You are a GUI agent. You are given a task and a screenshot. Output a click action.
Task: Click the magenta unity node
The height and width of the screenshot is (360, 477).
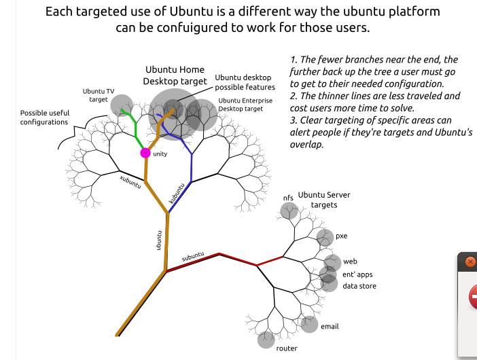pos(145,153)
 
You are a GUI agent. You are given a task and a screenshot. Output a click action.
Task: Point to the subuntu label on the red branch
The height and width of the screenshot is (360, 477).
pos(193,257)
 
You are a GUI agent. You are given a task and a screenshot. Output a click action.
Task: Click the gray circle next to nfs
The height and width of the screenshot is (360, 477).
pos(289,212)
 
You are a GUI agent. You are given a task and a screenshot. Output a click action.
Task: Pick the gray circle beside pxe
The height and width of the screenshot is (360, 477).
pos(325,237)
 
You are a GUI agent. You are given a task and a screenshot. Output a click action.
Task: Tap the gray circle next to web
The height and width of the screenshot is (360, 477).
pos(332,263)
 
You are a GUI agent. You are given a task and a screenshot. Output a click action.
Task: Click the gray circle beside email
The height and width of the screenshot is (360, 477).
pos(309,325)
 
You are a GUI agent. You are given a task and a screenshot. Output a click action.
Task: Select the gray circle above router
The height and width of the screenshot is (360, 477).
pos(266,338)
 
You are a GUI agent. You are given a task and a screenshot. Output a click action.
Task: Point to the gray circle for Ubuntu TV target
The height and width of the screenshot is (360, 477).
pos(122,105)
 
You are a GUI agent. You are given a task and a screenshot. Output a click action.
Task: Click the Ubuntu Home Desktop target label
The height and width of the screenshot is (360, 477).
pos(175,75)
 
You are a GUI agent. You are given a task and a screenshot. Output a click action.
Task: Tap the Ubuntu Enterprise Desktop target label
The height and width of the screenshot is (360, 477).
pos(245,105)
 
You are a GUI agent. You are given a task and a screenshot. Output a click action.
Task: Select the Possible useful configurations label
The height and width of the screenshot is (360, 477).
pos(44,118)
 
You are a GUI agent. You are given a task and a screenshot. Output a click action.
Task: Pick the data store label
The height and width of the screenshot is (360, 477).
pos(359,286)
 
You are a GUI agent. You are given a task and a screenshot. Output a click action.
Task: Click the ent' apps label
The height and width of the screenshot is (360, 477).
pos(357,274)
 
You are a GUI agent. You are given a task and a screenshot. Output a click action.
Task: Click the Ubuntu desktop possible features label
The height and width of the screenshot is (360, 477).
pos(245,82)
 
